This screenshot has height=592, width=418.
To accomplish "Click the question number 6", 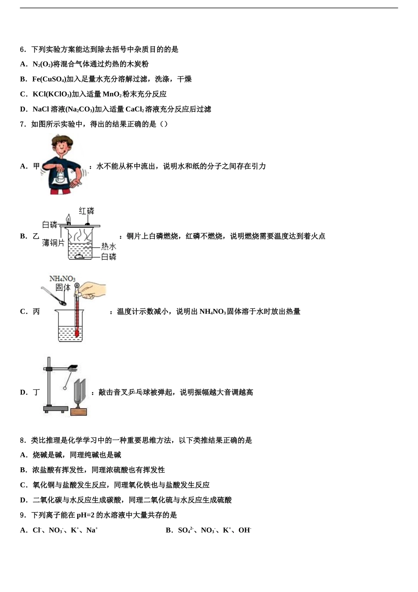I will tap(22, 49).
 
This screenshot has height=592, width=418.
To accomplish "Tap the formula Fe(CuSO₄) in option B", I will tap(49, 79).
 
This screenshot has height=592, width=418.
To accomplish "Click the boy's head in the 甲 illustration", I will tap(62, 145).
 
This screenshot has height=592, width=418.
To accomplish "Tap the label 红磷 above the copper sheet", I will tap(87, 211).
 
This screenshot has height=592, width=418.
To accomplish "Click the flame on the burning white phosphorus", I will tap(68, 218).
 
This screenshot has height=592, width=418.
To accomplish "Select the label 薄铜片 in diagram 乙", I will tap(53, 243).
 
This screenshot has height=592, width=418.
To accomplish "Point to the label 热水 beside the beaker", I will tap(108, 246).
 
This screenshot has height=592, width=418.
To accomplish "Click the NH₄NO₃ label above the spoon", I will tap(62, 279).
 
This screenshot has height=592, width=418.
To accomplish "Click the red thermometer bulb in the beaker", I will tap(77, 334).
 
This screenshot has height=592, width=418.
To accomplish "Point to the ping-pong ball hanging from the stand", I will tap(65, 388).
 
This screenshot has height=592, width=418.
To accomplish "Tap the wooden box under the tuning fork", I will tap(79, 412).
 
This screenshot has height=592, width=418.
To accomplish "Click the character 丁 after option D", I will tap(36, 392).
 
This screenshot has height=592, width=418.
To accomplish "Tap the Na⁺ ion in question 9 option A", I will tap(92, 530).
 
